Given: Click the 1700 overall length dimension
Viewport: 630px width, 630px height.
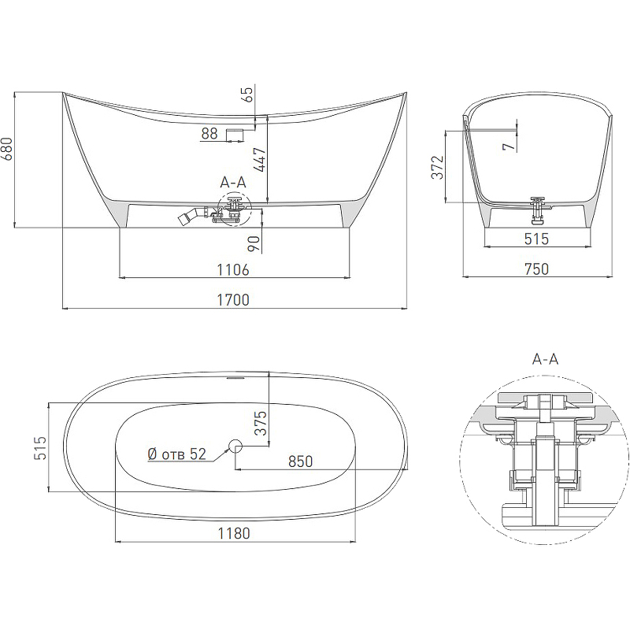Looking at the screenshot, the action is tap(233, 300).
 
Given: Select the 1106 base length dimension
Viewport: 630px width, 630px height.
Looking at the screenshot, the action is tap(233, 269).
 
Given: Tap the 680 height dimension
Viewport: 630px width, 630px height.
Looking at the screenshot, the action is tap(8, 149).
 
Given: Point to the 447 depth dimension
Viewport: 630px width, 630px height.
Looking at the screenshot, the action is tap(261, 160).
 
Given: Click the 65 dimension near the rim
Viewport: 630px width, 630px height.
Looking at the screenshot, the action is tap(248, 94).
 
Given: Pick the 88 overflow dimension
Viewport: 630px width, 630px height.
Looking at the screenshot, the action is tap(209, 133).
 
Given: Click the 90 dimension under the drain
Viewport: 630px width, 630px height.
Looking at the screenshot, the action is tap(254, 244).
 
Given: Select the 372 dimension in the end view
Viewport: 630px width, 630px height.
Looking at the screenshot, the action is tap(438, 168).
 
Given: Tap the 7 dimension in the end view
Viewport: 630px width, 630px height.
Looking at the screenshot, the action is tap(509, 146).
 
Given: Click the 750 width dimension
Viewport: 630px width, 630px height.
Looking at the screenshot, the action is tap(536, 269).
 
